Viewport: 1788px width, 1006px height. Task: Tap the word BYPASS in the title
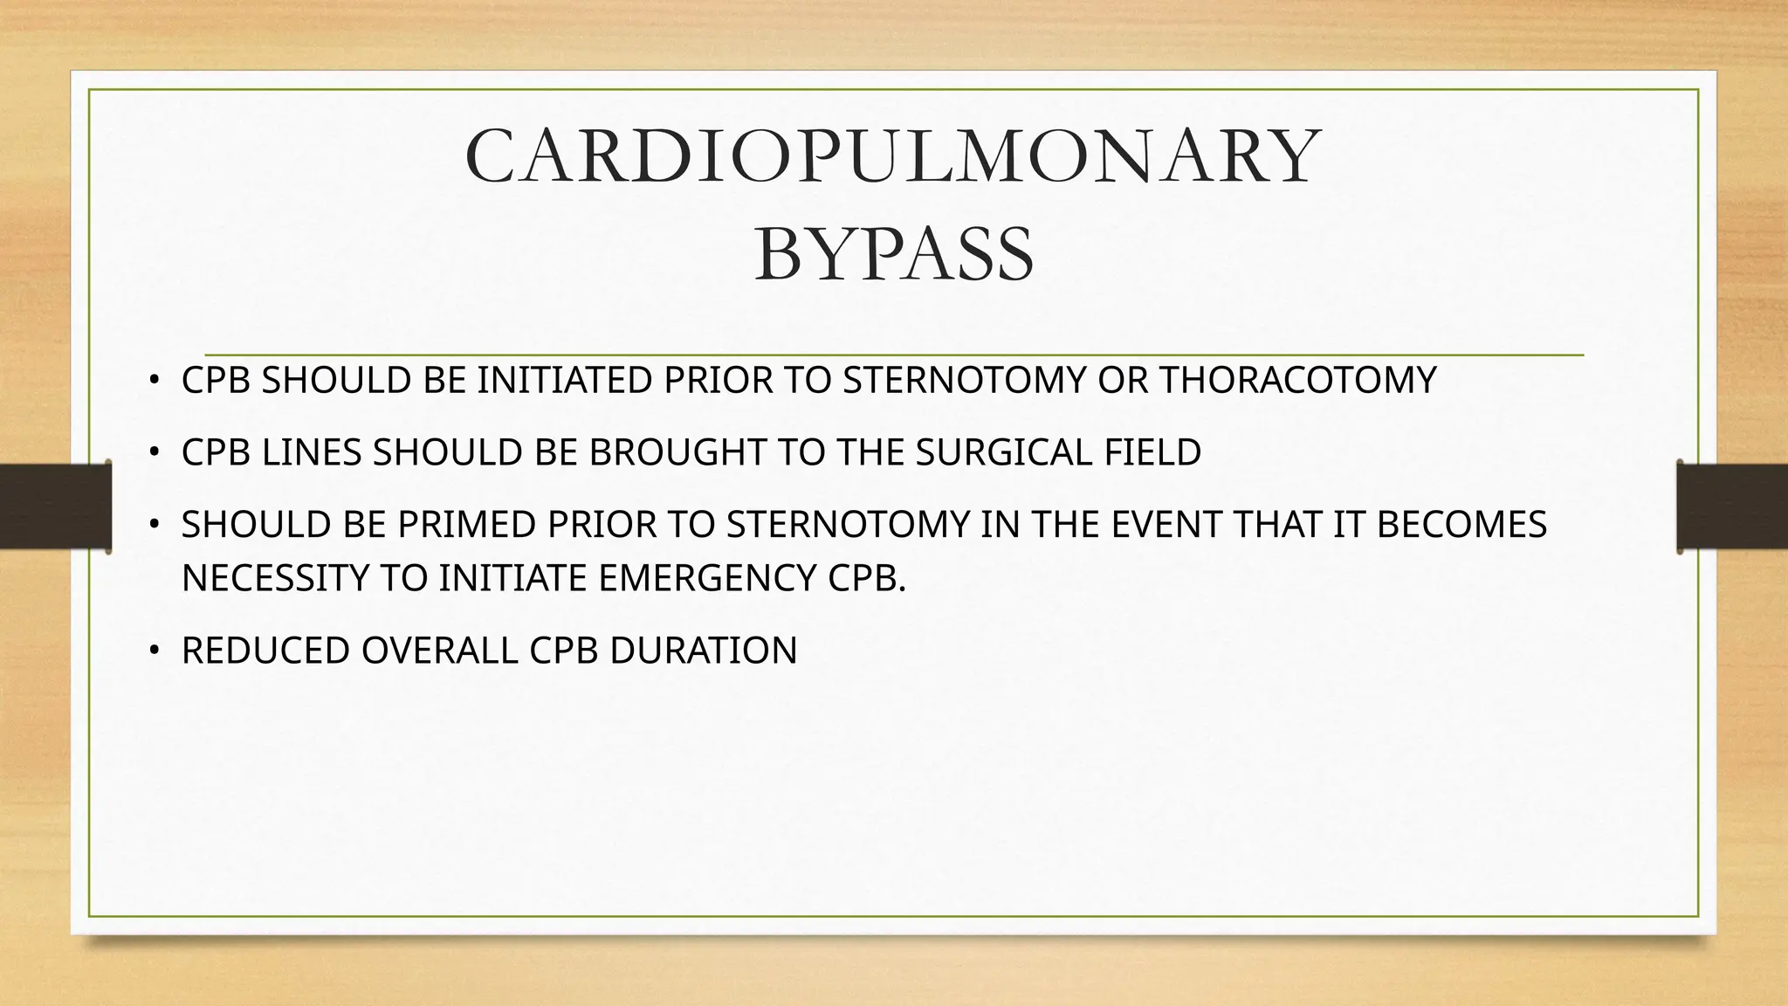894,255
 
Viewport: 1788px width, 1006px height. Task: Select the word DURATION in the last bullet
703,651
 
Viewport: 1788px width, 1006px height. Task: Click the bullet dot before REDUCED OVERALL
154,651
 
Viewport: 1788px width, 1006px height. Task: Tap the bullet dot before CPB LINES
154,452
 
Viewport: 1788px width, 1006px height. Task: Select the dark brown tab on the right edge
1732,506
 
